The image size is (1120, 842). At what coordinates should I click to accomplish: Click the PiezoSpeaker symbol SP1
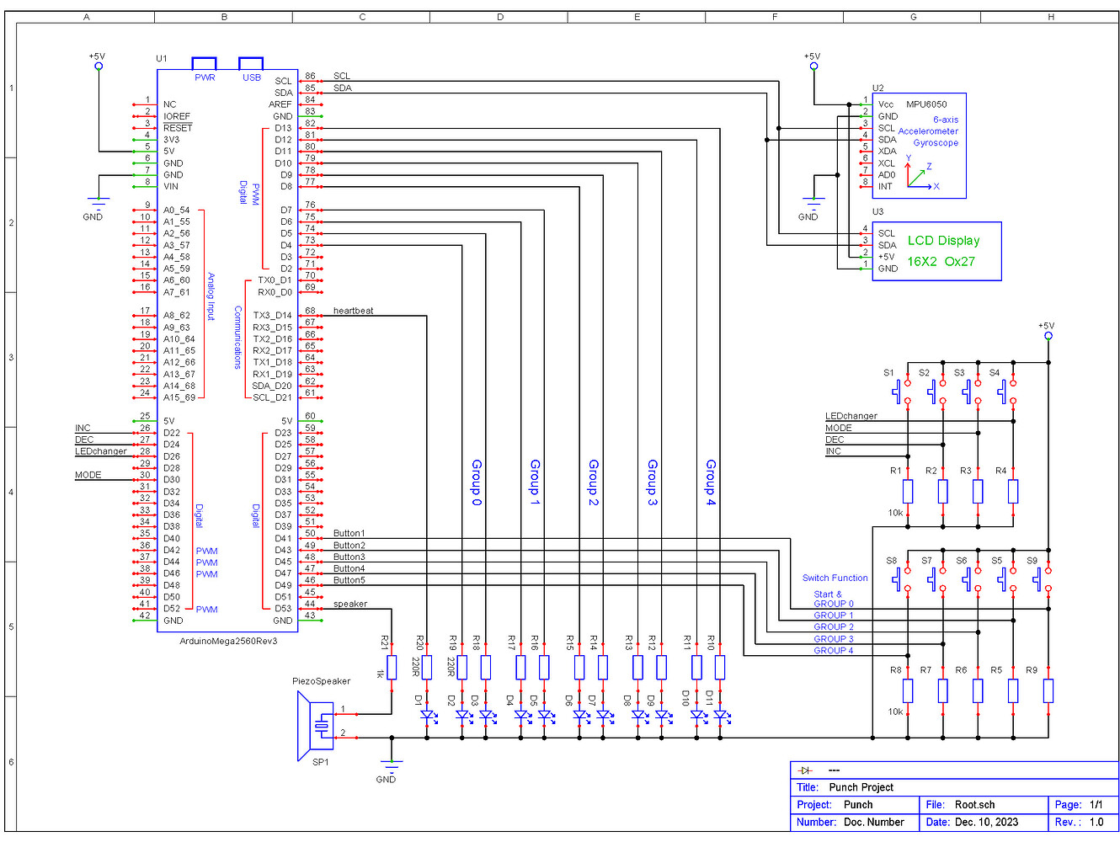point(316,725)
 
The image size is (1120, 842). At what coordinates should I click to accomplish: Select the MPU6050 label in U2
point(926,104)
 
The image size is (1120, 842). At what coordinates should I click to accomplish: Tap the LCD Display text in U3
point(943,241)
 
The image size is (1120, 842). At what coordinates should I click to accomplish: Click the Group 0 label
point(477,482)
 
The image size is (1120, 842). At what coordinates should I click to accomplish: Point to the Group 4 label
point(711,482)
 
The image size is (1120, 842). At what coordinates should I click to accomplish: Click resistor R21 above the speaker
point(392,667)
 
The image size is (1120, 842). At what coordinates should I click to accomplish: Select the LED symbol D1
point(427,716)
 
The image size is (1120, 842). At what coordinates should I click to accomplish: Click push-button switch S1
point(903,392)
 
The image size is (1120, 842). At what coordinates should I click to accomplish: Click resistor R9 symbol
point(1048,690)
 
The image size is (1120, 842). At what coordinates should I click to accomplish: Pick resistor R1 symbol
point(908,491)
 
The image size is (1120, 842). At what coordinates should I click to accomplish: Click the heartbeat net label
point(353,311)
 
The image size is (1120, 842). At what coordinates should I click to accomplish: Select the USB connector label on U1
point(252,77)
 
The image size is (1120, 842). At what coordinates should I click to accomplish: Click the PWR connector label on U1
point(205,77)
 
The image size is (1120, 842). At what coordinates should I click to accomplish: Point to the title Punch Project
point(861,787)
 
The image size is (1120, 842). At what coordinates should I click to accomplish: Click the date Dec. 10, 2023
point(985,822)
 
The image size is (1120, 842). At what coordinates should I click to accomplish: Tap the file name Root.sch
point(974,804)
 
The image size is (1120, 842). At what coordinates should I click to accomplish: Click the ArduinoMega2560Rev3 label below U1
point(228,641)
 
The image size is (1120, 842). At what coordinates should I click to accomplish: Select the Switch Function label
point(835,578)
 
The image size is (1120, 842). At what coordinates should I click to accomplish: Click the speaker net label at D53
point(350,604)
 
